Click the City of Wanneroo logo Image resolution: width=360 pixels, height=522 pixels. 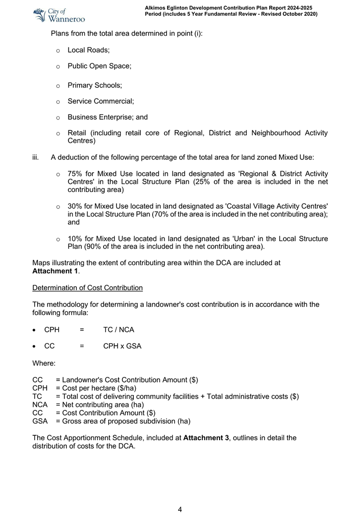point(59,15)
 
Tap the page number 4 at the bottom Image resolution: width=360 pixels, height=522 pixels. point(180,509)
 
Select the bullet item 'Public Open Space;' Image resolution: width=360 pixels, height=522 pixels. point(100,66)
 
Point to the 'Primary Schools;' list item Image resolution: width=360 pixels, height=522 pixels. point(94,86)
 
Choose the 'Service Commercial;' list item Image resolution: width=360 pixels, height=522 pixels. point(101,101)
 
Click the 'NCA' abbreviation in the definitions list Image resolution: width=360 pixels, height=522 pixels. point(40,405)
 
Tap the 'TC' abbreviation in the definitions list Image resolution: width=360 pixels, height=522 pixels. point(37,396)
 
